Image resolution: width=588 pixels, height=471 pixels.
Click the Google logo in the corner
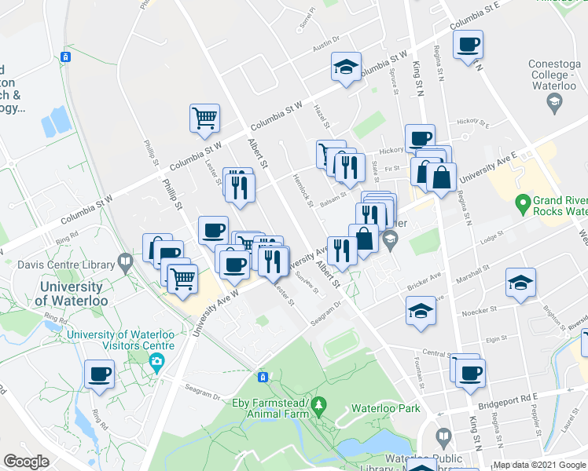click(27, 461)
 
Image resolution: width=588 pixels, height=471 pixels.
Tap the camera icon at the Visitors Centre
click(157, 361)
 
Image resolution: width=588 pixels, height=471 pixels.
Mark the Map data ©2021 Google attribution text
click(539, 465)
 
